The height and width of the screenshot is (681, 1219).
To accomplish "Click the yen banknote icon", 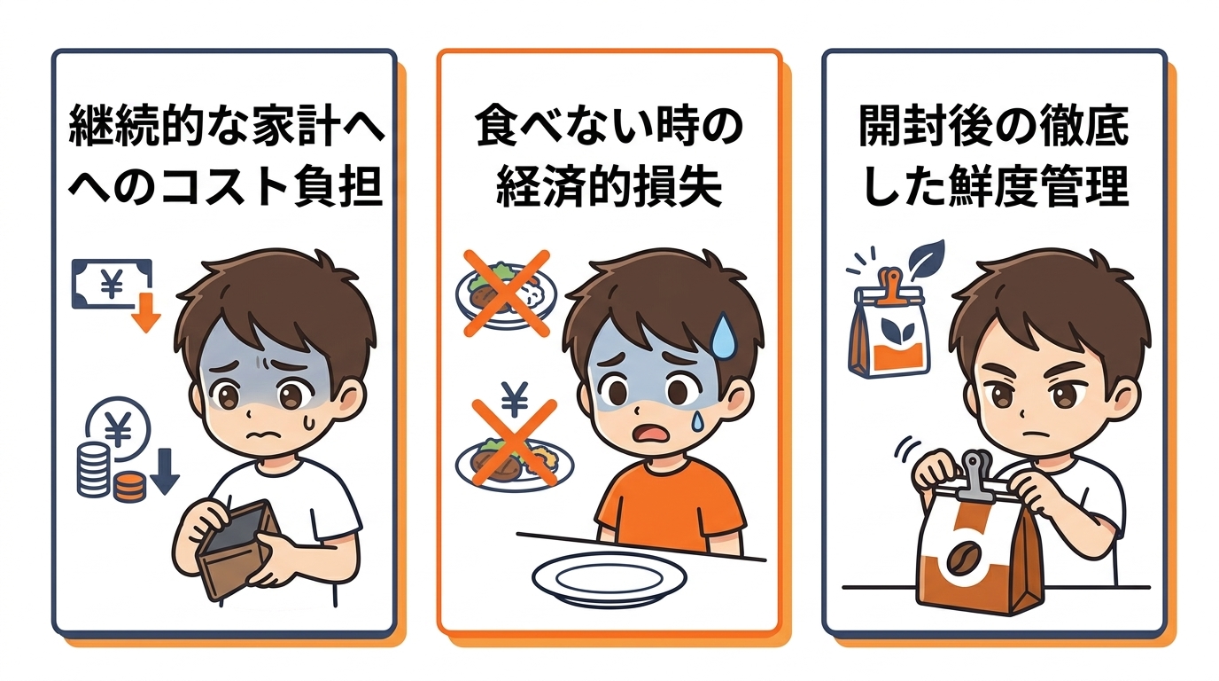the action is tap(113, 284).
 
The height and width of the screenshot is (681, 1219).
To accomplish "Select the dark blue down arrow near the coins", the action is tap(165, 471).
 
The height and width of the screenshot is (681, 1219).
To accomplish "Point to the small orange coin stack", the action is tap(130, 486).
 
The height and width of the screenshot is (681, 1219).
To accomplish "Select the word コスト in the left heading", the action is tap(224, 186).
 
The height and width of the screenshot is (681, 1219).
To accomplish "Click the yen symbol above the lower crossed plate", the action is tap(514, 399).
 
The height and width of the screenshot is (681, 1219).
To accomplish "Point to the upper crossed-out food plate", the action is tap(506, 297).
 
